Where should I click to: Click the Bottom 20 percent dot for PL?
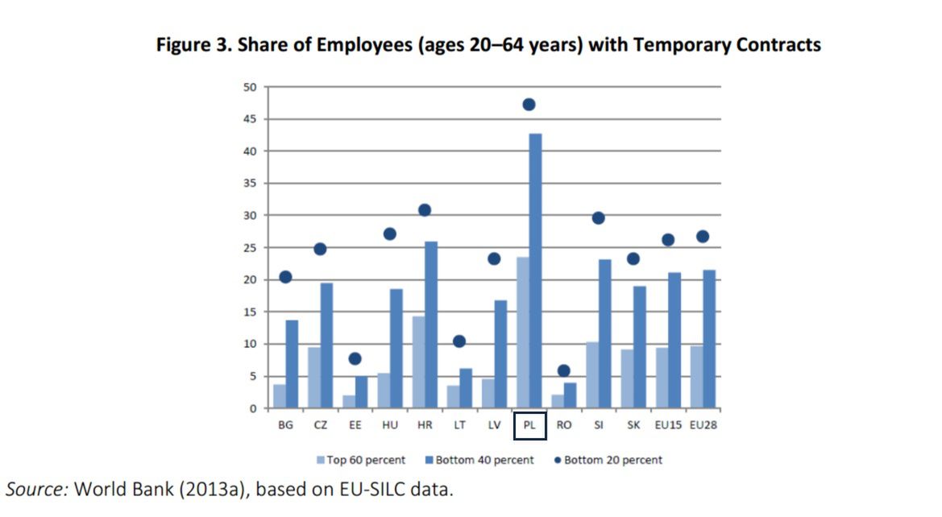tap(529, 105)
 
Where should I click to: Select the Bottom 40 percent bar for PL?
tap(535, 271)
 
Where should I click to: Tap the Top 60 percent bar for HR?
tap(418, 362)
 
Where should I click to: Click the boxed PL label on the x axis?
tap(529, 425)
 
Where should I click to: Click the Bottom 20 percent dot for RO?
tap(564, 371)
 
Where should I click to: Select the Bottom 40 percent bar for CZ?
tap(326, 345)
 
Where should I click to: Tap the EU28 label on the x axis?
tap(703, 424)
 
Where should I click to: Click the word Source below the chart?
tap(37, 489)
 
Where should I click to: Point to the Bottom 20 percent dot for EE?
tap(355, 359)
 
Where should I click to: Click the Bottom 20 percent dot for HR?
tap(425, 210)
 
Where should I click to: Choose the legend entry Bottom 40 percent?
tap(483, 460)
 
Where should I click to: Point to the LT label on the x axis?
tap(459, 424)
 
